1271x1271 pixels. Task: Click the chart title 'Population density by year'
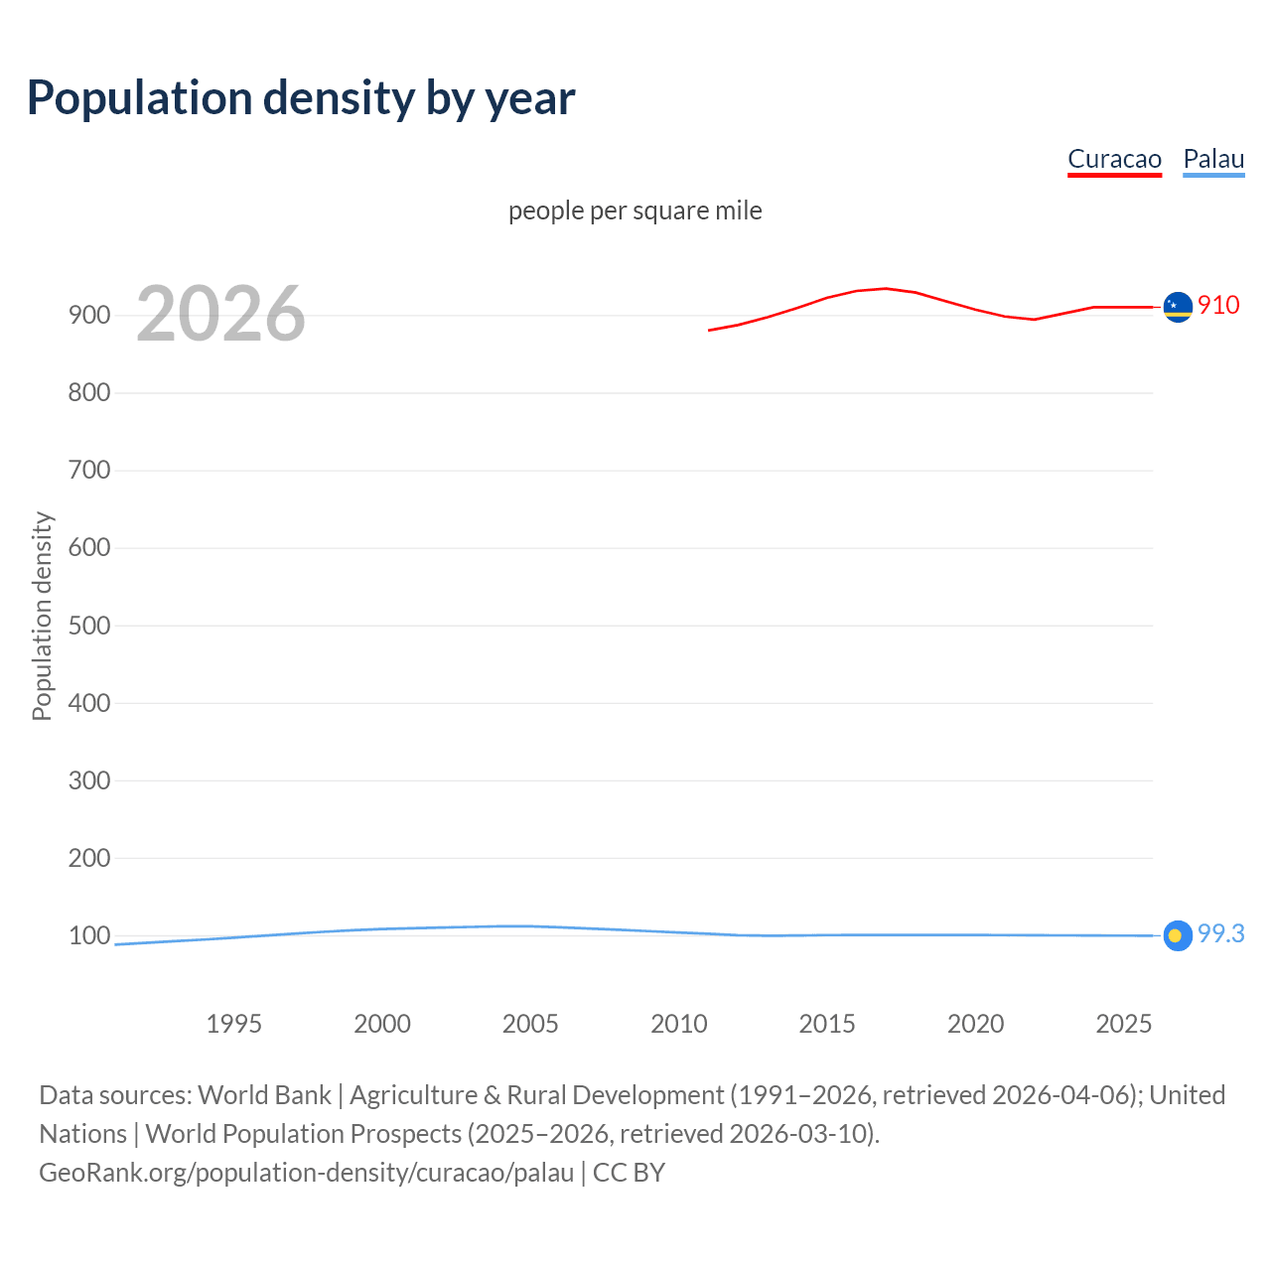(301, 97)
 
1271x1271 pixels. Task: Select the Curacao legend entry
(1114, 159)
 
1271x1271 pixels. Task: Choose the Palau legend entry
(1213, 159)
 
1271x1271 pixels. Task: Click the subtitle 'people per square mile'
(635, 211)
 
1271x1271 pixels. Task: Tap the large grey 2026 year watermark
(220, 314)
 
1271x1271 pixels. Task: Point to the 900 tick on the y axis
(89, 315)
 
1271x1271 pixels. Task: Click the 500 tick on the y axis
(89, 626)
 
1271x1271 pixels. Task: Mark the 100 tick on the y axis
(89, 935)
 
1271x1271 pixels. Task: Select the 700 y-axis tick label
(89, 470)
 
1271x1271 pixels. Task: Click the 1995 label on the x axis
(233, 1024)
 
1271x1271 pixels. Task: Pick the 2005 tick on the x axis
(530, 1024)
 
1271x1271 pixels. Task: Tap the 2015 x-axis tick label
(827, 1024)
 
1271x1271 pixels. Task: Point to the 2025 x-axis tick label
(1123, 1024)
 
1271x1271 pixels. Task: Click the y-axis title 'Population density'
(42, 616)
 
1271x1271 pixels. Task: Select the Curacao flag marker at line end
(1178, 308)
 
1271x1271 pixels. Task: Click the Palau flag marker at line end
(1178, 935)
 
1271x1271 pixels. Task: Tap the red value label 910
(1218, 305)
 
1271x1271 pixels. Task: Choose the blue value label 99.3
(1220, 933)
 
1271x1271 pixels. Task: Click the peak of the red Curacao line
(886, 289)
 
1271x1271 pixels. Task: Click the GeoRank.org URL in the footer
(306, 1173)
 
